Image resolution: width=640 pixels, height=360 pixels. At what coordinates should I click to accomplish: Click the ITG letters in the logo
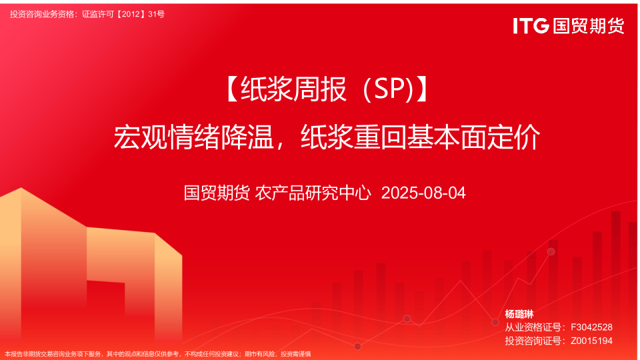coord(531,26)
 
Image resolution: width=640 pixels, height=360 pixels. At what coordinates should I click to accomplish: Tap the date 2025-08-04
coord(423,193)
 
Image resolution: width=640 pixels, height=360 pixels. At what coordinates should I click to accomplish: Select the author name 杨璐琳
coord(519,314)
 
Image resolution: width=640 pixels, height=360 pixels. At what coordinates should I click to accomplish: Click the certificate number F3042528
coord(591,327)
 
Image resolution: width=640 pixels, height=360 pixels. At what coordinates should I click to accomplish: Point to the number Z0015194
coord(591,341)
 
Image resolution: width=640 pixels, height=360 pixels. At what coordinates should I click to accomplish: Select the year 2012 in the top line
coord(131,14)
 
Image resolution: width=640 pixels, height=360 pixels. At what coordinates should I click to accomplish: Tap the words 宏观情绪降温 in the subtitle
coord(193,137)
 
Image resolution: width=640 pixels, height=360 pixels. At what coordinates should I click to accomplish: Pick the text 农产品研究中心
coord(313,193)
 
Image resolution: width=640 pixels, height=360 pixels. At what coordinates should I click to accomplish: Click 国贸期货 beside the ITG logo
coord(589,26)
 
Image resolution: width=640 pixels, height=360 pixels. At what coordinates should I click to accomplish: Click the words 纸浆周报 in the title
coord(293,89)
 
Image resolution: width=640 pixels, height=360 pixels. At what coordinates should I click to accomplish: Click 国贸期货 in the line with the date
coord(216,193)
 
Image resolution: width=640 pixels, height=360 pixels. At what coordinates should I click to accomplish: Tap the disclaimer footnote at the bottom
coord(158,354)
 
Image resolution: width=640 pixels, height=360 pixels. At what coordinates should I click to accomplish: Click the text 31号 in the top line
coord(156,14)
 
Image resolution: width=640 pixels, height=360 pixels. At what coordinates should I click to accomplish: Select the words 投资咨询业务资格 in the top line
coord(43,14)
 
